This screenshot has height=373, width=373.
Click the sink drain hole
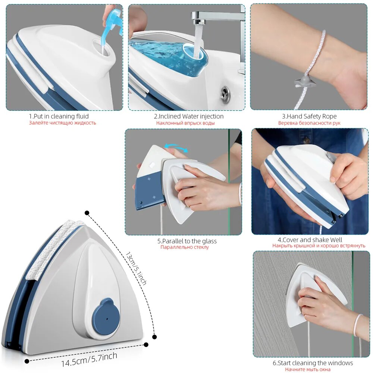coord(225,94)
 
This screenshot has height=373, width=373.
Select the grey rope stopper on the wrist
coord(304,82)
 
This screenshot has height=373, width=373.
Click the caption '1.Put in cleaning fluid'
coord(59,116)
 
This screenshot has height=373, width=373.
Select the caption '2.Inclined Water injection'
coord(189,116)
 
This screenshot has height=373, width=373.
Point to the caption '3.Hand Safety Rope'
coord(309,116)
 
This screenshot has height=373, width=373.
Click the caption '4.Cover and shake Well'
coord(310,240)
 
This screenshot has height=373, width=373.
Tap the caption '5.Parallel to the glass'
coord(187,241)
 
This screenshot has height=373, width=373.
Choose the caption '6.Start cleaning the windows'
coord(313,363)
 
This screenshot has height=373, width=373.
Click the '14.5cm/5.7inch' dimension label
coord(89,359)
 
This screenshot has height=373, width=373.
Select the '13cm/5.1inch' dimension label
coord(136,268)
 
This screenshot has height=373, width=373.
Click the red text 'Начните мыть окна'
coord(308,369)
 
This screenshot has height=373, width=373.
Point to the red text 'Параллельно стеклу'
coord(185,247)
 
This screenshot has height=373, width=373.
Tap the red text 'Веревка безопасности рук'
coord(309,123)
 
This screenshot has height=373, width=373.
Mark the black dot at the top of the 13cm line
coord(87,213)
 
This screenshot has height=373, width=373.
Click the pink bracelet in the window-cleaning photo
coord(358,325)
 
